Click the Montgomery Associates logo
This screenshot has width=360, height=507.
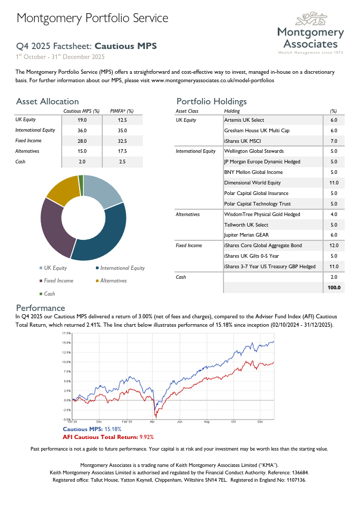pyautogui.click(x=310, y=34)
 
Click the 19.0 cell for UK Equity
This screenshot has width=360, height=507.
pyautogui.click(x=82, y=120)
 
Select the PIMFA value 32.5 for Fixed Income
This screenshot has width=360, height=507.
pyautogui.click(x=122, y=141)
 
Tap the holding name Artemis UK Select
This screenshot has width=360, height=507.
pyautogui.click(x=244, y=120)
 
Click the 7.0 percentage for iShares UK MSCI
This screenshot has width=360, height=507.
pyautogui.click(x=333, y=141)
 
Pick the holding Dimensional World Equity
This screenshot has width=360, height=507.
pyautogui.click(x=252, y=183)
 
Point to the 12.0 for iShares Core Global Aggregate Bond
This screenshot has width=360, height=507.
pyautogui.click(x=333, y=246)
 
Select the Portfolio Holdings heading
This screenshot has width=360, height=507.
pyautogui.click(x=211, y=101)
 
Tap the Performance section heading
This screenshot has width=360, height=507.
pyautogui.click(x=41, y=308)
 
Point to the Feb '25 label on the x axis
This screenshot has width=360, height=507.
pyautogui.click(x=127, y=422)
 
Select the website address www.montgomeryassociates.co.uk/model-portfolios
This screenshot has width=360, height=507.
pyautogui.click(x=212, y=81)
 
